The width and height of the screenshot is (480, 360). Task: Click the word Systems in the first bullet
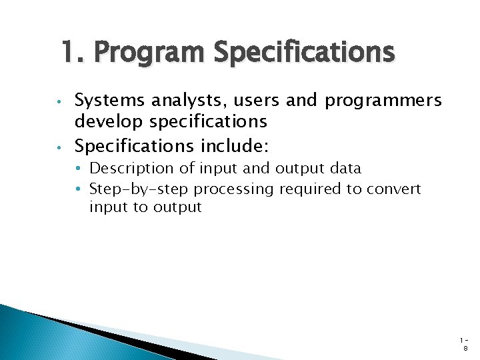click(x=111, y=101)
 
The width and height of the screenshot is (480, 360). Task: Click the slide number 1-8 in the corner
click(x=464, y=343)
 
